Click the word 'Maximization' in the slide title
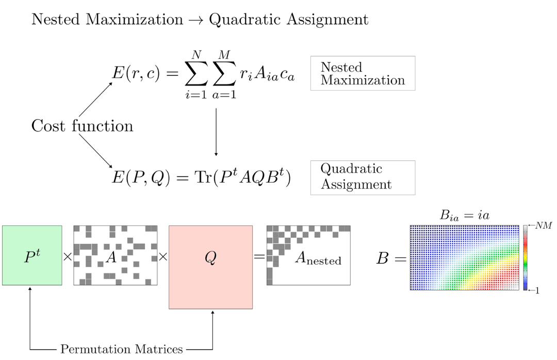(134, 19)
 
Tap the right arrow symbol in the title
(196, 20)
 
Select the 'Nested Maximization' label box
(363, 73)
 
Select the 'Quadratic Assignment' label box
(363, 178)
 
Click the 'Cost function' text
(82, 126)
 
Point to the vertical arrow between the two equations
(216, 132)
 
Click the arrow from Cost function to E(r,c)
(95, 100)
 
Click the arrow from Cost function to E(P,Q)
(95, 151)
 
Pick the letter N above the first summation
(196, 55)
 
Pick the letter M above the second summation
(224, 55)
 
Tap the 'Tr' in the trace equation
(203, 176)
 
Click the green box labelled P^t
(32, 255)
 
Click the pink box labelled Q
(210, 267)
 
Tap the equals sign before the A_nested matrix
(259, 256)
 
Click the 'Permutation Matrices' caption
(122, 349)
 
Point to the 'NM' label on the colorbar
(544, 225)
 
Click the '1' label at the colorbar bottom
(537, 290)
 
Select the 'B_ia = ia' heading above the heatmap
(464, 215)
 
